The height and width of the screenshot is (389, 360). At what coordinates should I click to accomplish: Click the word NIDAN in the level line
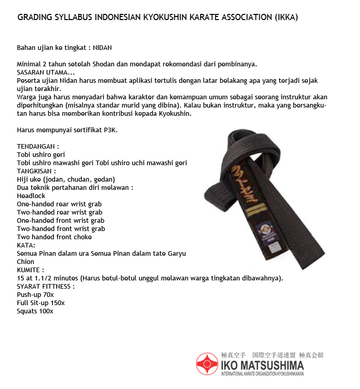[x=102, y=47]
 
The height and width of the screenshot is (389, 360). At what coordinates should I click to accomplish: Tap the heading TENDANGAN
[x=38, y=146]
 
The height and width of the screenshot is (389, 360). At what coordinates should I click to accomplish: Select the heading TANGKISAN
[x=37, y=171]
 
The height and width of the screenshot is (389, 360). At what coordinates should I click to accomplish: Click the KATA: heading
[x=26, y=245]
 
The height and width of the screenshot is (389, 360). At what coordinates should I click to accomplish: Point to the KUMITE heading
[x=30, y=270]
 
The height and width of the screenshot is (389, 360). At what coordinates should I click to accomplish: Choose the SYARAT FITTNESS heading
[x=46, y=287]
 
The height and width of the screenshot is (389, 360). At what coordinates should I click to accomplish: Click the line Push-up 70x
[x=35, y=295]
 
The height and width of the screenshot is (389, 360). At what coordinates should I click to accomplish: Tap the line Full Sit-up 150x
[x=41, y=303]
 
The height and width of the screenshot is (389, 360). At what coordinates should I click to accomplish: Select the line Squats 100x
[x=35, y=311]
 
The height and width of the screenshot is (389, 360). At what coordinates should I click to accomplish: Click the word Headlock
[x=31, y=196]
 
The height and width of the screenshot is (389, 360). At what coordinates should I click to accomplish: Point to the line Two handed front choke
[x=54, y=237]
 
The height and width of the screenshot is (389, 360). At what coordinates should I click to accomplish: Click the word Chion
[x=26, y=262]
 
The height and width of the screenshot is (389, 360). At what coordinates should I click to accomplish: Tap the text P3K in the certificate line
[x=110, y=130]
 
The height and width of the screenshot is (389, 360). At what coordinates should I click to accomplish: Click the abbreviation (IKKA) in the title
[x=283, y=17]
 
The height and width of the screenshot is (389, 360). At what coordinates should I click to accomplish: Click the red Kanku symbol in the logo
[x=207, y=364]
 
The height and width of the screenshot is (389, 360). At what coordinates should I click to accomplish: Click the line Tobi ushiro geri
[x=41, y=154]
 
